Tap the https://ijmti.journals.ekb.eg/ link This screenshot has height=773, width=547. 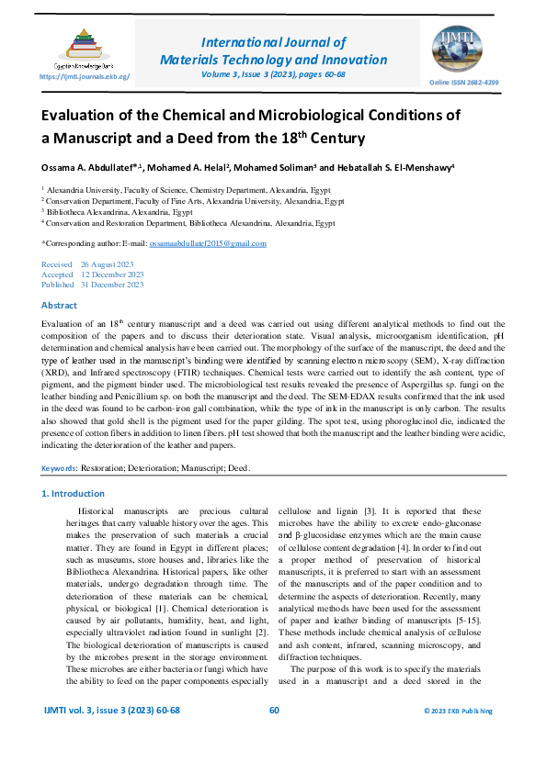pos(84,78)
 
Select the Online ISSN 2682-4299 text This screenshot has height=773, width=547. pos(464,83)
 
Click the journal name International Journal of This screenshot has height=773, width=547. pos(273,42)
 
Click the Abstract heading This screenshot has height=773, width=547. pos(60,304)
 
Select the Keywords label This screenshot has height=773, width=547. pos(59,467)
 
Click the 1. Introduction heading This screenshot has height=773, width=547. pos(74,494)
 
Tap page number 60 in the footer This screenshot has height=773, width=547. pos(273,711)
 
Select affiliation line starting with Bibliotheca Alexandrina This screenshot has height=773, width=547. pos(119,211)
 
